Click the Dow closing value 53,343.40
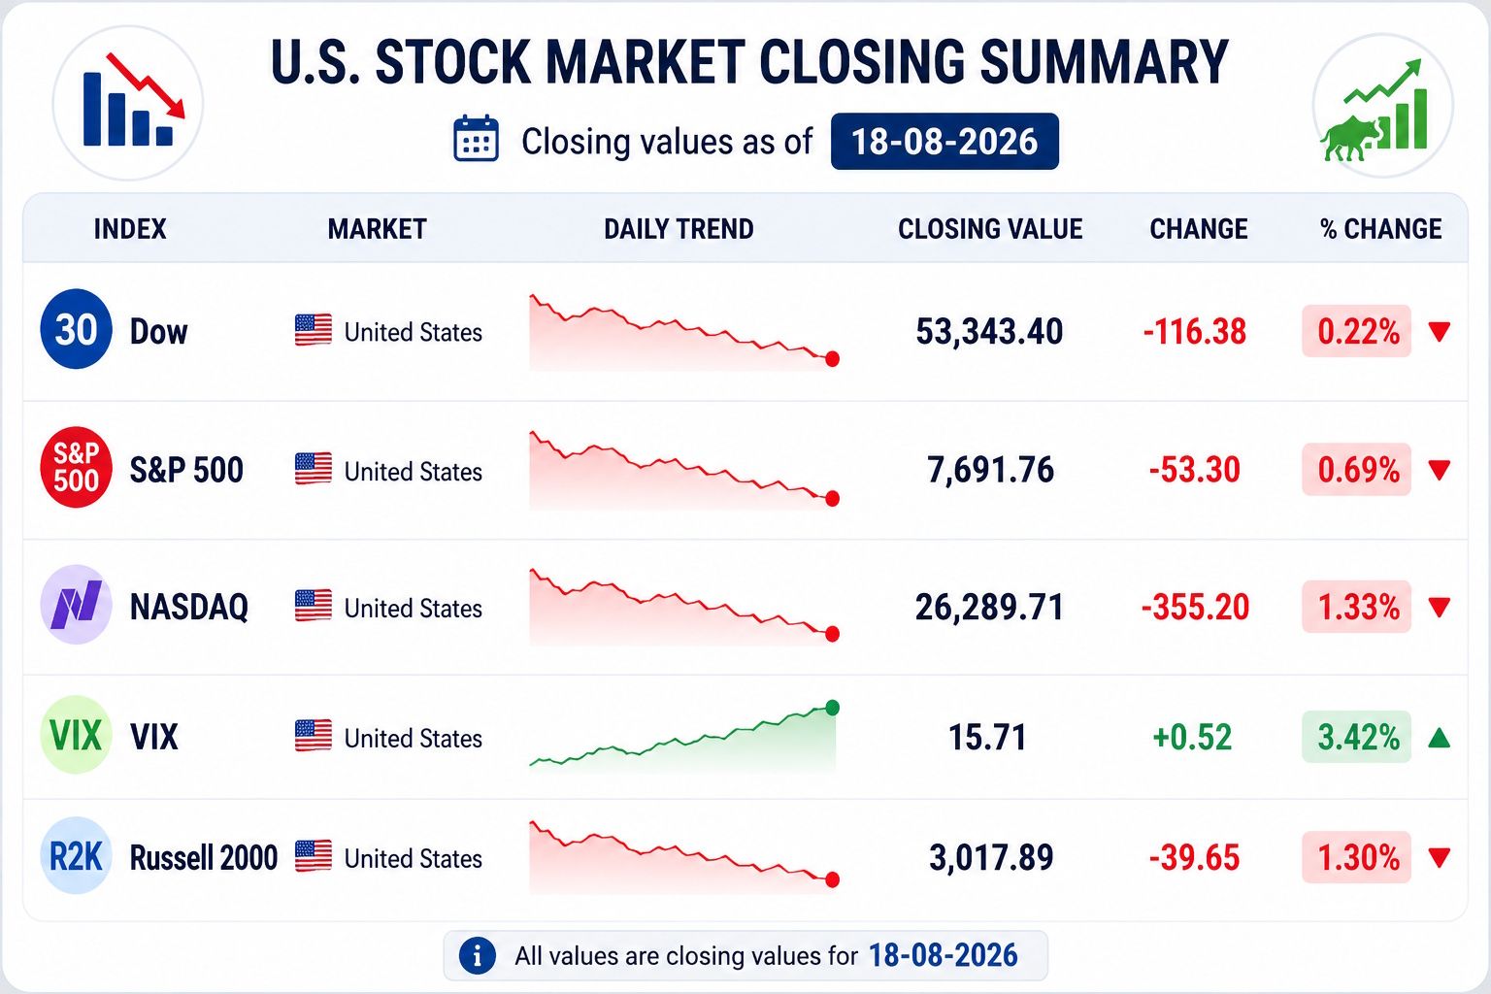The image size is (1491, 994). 989,332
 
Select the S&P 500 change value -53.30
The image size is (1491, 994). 1195,470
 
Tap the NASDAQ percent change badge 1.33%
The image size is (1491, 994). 1356,607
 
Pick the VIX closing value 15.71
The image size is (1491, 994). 987,737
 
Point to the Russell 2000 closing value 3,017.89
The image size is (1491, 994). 991,857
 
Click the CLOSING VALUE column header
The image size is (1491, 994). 990,229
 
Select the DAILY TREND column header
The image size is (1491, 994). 679,229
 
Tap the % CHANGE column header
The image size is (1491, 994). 1381,229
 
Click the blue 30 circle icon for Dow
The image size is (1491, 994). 76,329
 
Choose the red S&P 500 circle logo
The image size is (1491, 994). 76,467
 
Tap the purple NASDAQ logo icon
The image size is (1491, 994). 76,605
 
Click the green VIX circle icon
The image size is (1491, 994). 76,735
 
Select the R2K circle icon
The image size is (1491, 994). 76,855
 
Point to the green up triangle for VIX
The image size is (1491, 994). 1440,738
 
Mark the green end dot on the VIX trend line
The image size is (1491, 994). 832,708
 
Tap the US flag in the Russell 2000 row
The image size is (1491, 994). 314,856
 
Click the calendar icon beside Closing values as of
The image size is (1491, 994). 476,139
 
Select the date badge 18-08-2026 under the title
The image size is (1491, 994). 944,141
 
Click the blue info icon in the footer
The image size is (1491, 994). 478,956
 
